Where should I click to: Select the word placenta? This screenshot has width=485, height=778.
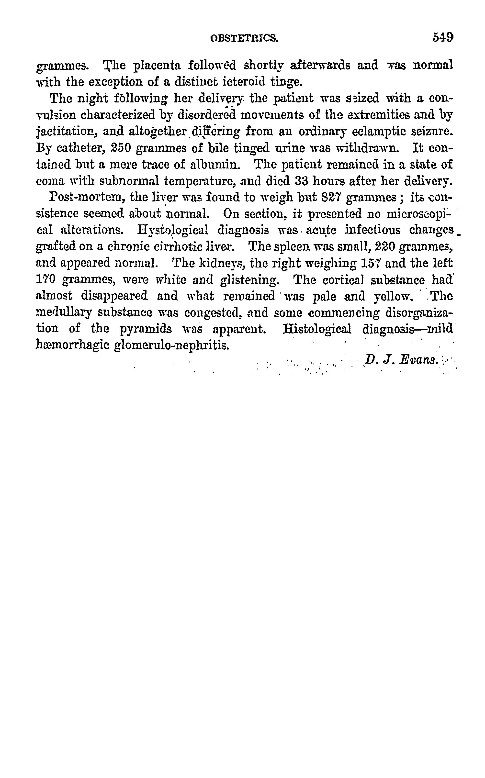click(x=157, y=66)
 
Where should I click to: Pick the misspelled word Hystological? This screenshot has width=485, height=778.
click(x=173, y=230)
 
